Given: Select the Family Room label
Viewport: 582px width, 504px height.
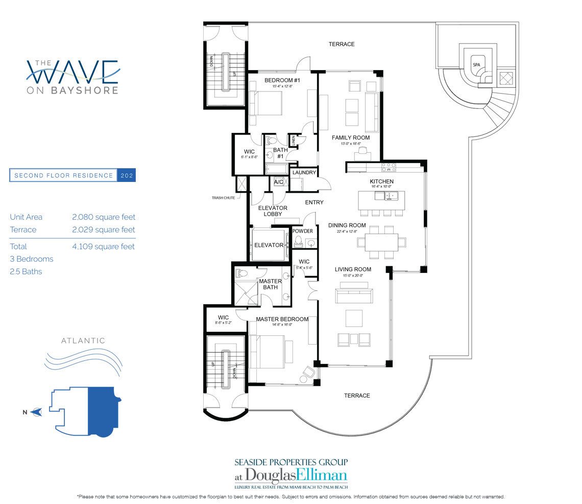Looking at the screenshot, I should point(350,138).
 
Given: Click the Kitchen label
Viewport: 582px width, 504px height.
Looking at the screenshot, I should point(381,181).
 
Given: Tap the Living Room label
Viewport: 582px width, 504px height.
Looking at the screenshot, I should point(353,269).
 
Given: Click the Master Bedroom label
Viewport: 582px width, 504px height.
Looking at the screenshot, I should point(282,319).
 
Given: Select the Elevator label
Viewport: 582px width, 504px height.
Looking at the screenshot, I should point(269,245).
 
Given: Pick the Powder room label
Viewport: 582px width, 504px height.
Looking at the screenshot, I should point(302,231).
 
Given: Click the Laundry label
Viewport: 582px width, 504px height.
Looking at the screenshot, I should point(304,173).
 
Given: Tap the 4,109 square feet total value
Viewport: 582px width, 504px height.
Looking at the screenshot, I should point(104,246).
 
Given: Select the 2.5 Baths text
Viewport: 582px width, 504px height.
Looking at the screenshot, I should point(26,271).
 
